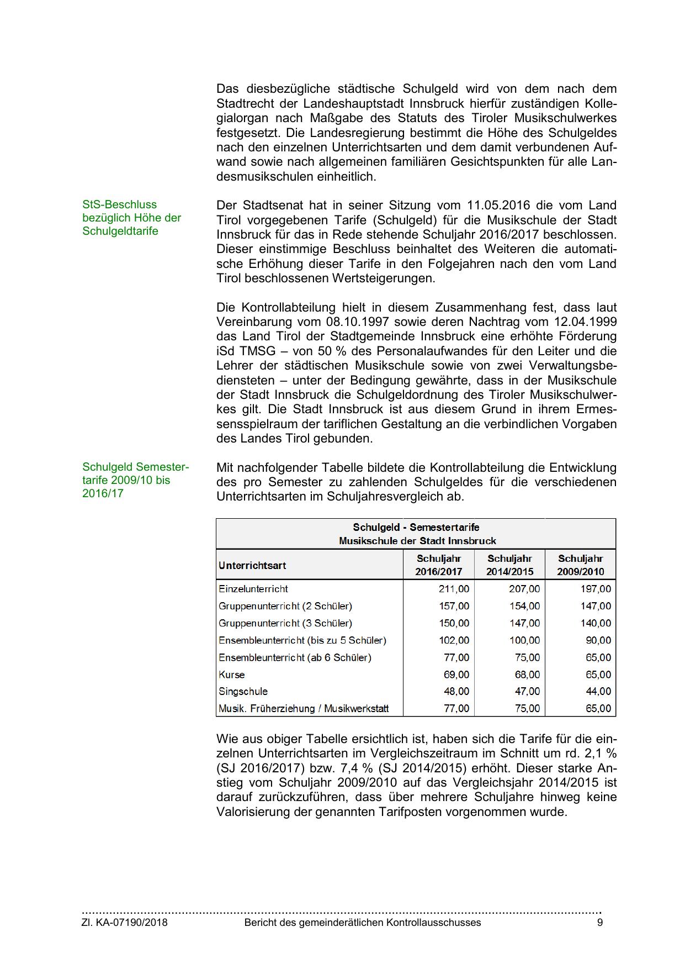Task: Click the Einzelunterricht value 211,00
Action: click(454, 589)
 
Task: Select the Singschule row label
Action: click(243, 692)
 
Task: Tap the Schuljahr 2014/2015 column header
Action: click(509, 565)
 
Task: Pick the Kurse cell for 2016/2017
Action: click(456, 675)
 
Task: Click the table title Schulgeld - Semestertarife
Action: click(416, 528)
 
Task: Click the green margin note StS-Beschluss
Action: click(120, 205)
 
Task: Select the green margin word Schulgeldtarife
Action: click(120, 231)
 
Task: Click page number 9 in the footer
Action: click(600, 923)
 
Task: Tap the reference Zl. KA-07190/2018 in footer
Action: click(125, 923)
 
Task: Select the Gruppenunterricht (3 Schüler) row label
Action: click(285, 623)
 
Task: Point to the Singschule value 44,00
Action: click(598, 692)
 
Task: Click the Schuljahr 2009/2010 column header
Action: click(580, 565)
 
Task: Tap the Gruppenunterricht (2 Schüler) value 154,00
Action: click(524, 606)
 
